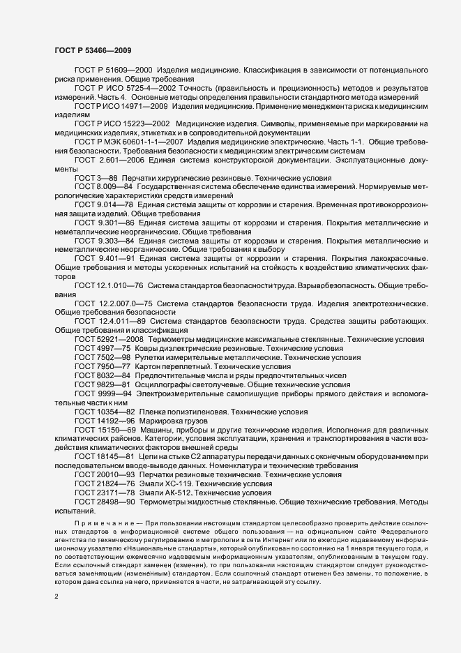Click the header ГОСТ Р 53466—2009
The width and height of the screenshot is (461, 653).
(91, 50)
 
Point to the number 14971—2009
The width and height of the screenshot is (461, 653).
(143, 106)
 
